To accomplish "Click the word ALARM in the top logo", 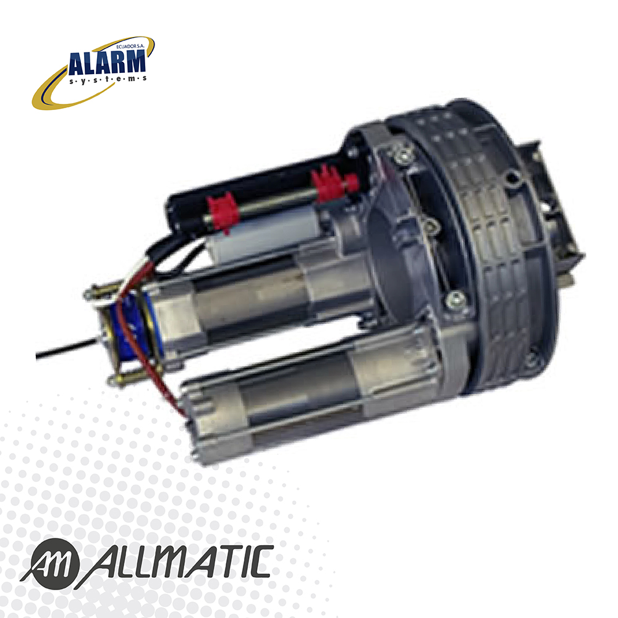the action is (x=107, y=62).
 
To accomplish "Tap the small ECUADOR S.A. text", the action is (x=131, y=46).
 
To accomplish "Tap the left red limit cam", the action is (x=222, y=213).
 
